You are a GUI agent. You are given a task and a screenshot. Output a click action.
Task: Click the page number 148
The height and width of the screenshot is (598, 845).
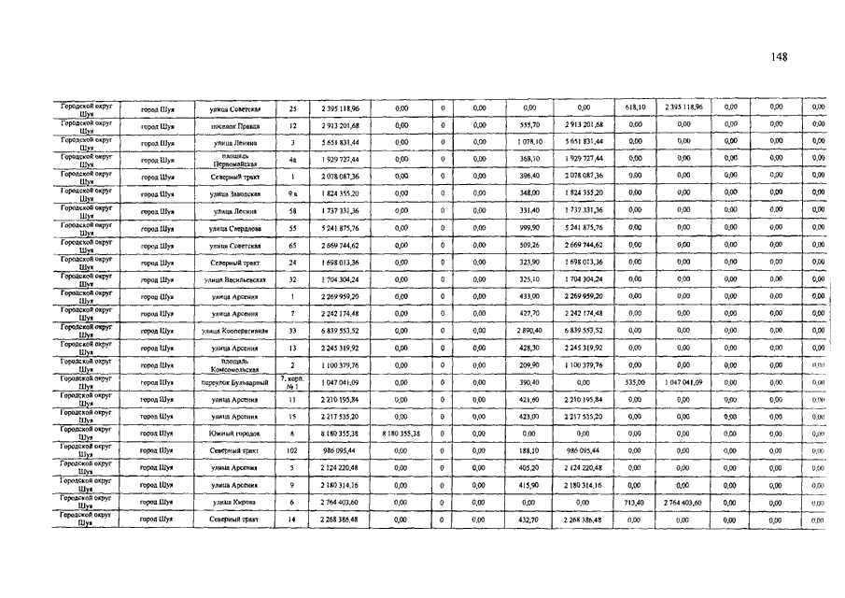pyautogui.click(x=781, y=57)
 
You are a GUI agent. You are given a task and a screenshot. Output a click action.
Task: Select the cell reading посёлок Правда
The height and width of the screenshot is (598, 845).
pyautogui.click(x=233, y=125)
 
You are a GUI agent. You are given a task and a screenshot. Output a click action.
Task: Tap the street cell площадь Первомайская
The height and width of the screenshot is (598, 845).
pyautogui.click(x=233, y=159)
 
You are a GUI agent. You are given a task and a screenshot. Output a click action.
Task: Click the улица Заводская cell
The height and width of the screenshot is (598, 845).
pyautogui.click(x=233, y=193)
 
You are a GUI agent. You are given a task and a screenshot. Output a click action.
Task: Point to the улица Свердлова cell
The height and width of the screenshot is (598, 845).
pyautogui.click(x=233, y=228)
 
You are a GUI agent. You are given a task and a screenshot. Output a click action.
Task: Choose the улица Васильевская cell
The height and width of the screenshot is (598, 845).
pyautogui.click(x=233, y=279)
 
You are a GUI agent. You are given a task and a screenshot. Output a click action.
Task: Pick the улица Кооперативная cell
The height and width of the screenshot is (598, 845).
pyautogui.click(x=233, y=331)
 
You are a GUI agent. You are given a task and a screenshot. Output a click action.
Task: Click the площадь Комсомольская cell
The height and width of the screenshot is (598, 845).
pyautogui.click(x=233, y=365)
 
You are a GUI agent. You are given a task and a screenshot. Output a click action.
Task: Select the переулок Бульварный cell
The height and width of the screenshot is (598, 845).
pyautogui.click(x=233, y=382)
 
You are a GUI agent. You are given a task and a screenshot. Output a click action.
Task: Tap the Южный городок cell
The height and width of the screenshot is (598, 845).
pyautogui.click(x=233, y=434)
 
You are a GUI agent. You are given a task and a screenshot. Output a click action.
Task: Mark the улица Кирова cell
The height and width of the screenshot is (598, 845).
pyautogui.click(x=233, y=502)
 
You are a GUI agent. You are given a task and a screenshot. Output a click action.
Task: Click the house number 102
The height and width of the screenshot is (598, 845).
pyautogui.click(x=292, y=450)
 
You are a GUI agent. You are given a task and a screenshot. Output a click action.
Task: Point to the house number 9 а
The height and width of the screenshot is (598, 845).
pyautogui.click(x=292, y=193)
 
